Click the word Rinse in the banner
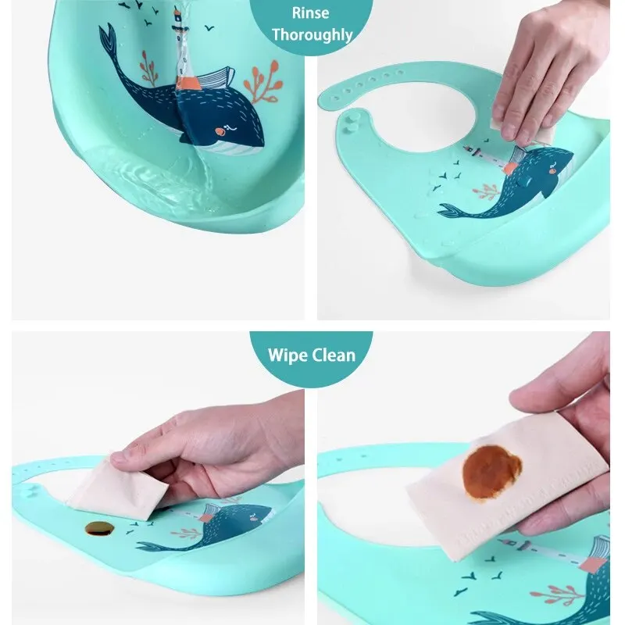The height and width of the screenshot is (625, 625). pyautogui.click(x=310, y=13)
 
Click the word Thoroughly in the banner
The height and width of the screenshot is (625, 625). pyautogui.click(x=312, y=34)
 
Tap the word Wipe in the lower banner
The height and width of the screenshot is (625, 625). pyautogui.click(x=284, y=355)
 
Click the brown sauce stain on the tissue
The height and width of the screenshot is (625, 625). pyautogui.click(x=491, y=473)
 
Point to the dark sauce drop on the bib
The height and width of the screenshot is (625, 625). pyautogui.click(x=100, y=528)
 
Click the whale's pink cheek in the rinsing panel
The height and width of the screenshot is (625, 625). pyautogui.click(x=220, y=131)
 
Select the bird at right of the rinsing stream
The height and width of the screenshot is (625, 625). pyautogui.click(x=209, y=28)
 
